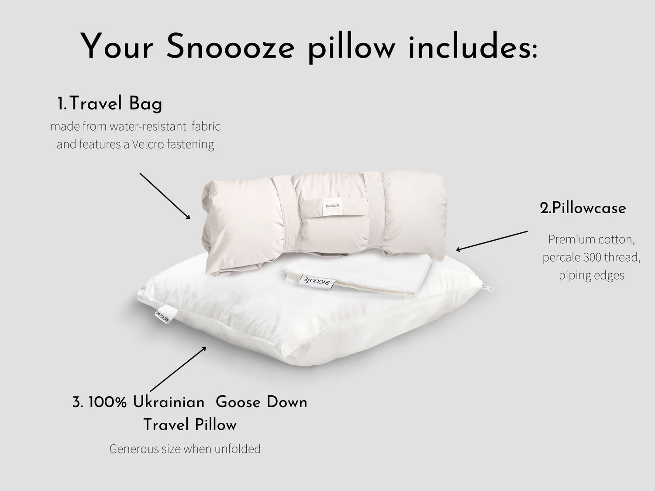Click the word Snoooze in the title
pos(231,47)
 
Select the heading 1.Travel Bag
pos(110,104)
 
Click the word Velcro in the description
pos(148,144)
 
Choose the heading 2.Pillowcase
pos(583,208)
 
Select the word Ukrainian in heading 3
pos(169,402)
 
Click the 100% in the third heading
pos(107,402)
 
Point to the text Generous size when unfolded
pos(185,449)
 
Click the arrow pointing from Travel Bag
pos(165,196)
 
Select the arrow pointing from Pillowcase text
pos(492,241)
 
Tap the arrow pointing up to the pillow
pos(178,369)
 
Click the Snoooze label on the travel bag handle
pos(332,206)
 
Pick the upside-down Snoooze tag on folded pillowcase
pos(317,281)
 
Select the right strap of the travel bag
pos(375,211)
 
